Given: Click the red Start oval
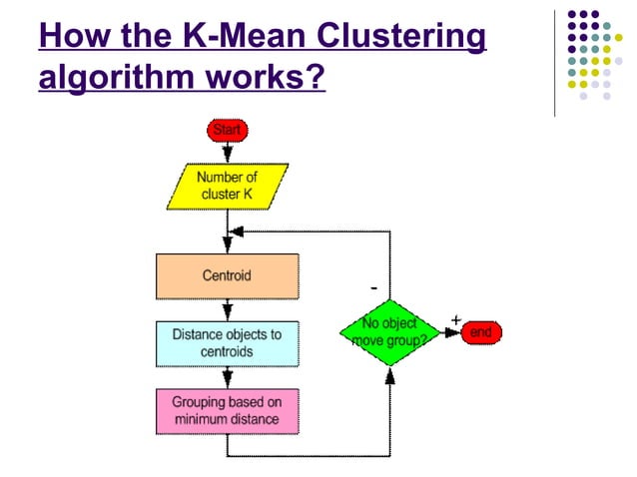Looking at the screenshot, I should point(228,130).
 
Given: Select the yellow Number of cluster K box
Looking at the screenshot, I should point(228,187).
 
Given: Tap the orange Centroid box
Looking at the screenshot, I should point(227,276).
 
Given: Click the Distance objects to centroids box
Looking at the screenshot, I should point(227,343).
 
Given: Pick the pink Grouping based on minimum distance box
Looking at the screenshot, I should point(227,411).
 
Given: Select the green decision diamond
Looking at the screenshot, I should point(389,333).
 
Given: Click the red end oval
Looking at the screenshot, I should point(480,333).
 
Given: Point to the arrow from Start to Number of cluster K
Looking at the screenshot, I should point(228,152).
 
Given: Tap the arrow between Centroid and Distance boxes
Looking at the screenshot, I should point(228,310).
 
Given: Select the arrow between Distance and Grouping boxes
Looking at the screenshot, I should point(228,377).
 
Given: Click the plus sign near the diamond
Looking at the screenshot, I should point(455,318).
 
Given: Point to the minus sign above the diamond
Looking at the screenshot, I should point(373,287).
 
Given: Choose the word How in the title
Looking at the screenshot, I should point(66,37).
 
